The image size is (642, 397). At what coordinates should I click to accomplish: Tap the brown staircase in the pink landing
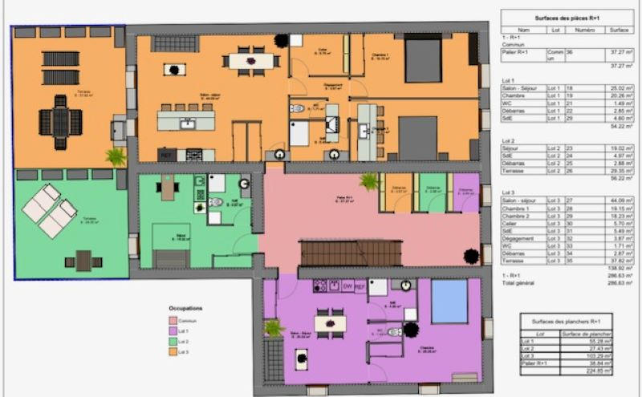(351, 253)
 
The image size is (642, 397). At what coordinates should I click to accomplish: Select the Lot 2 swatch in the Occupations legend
(172, 342)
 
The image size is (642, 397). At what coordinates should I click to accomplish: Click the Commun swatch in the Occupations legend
(172, 321)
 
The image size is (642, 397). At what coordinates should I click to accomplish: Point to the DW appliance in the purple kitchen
(347, 286)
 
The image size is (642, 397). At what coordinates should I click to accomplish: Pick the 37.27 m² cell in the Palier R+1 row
(618, 52)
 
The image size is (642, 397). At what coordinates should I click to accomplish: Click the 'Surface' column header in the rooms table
(618, 30)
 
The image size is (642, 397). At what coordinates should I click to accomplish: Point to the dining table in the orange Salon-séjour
(249, 59)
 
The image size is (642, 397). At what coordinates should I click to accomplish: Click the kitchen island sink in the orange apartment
(188, 124)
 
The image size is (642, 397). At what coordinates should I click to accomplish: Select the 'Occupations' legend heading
(185, 308)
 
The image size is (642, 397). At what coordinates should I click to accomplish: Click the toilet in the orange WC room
(298, 107)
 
